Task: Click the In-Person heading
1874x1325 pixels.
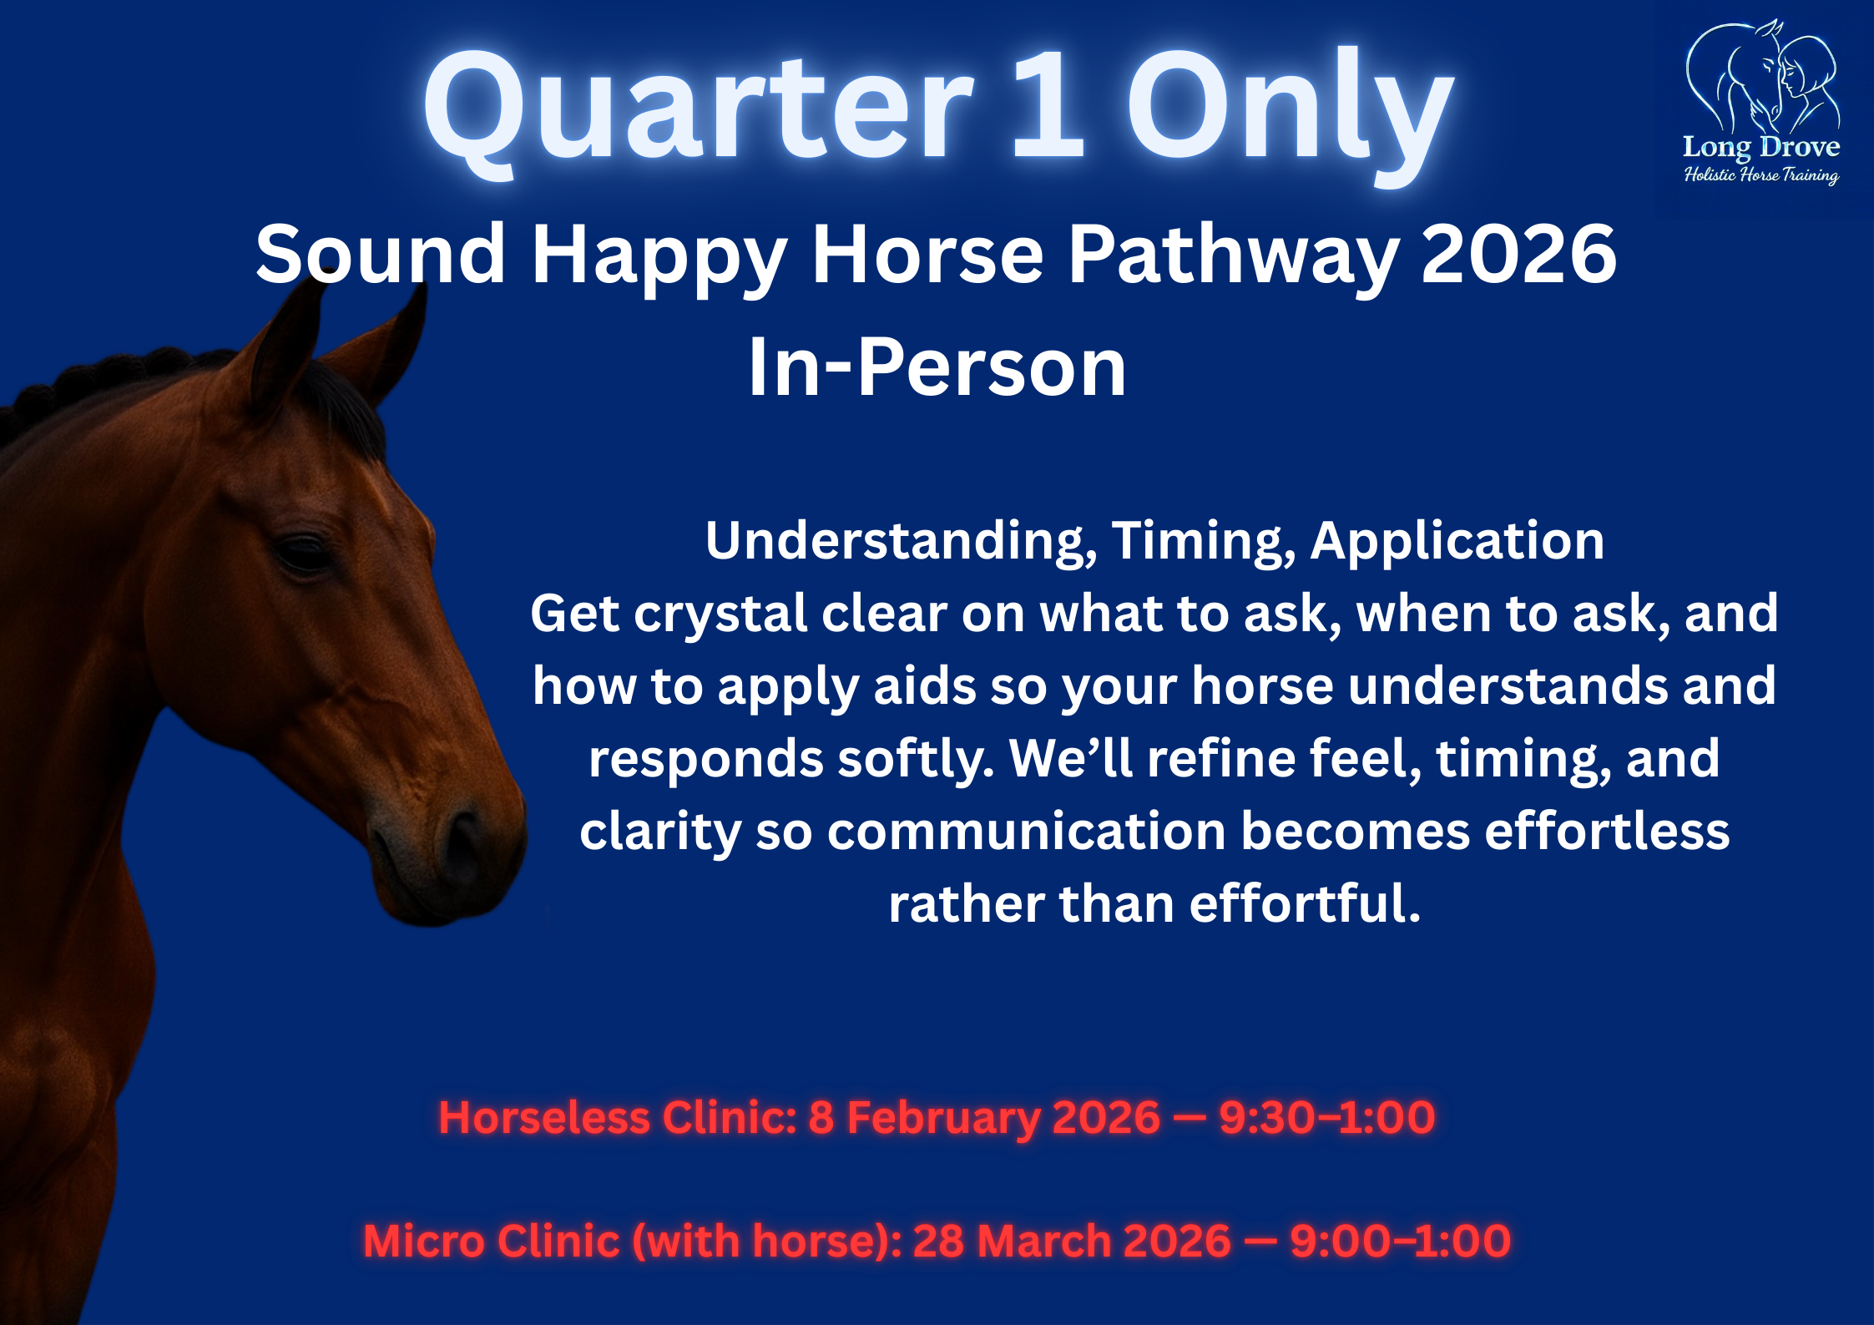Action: (937, 367)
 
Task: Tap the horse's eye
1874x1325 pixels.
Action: (305, 553)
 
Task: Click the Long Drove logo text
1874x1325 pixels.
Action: (1761, 147)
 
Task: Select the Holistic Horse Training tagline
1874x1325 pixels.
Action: (1761, 175)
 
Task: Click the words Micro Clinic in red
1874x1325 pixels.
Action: (492, 1241)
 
